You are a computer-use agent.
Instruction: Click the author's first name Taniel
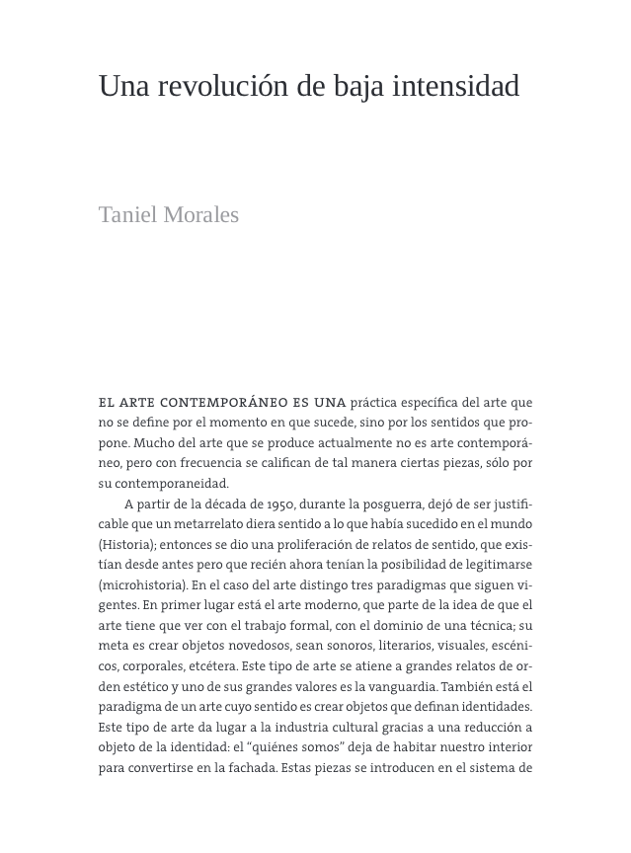[128, 215]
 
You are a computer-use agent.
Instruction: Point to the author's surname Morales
[201, 215]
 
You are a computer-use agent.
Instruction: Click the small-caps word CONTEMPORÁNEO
[219, 403]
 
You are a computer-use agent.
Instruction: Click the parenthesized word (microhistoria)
[142, 585]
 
